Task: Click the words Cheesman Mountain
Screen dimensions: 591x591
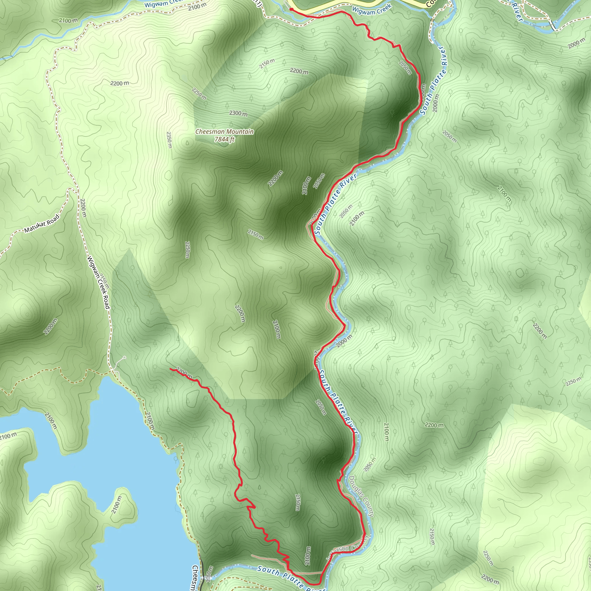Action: (x=224, y=132)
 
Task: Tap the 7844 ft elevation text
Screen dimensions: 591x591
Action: (x=224, y=139)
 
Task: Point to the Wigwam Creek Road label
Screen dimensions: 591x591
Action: (x=98, y=282)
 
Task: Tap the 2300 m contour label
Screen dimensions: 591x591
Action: (x=238, y=113)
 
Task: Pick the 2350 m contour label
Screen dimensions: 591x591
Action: (x=169, y=140)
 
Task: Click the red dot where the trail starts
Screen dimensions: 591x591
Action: (x=291, y=10)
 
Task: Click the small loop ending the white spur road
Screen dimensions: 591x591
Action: (x=124, y=357)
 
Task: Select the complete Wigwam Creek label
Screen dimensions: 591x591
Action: (x=372, y=10)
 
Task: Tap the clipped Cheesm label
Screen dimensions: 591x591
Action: (x=194, y=577)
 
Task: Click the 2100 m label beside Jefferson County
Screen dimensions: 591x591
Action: (x=308, y=556)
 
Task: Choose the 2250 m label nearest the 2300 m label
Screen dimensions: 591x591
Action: (x=199, y=93)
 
